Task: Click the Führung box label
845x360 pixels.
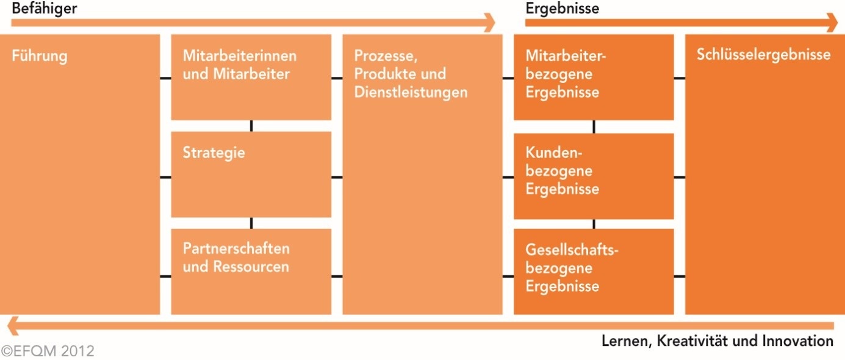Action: [40, 57]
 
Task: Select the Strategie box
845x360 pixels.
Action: [251, 174]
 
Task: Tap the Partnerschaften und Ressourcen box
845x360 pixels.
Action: [251, 271]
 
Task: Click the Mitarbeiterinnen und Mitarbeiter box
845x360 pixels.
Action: [251, 77]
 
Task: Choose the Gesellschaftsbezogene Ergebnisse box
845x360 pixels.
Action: [594, 271]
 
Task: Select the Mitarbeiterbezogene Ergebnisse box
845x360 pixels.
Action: [594, 77]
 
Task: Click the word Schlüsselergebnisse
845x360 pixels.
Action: [763, 55]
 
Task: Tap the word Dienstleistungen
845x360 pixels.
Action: [411, 93]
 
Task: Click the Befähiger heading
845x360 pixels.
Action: [45, 9]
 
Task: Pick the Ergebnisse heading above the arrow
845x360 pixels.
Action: [562, 9]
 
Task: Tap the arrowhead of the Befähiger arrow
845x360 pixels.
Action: [489, 23]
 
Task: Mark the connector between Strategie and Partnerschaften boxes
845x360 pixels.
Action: [251, 223]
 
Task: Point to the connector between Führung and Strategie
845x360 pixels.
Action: [165, 178]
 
